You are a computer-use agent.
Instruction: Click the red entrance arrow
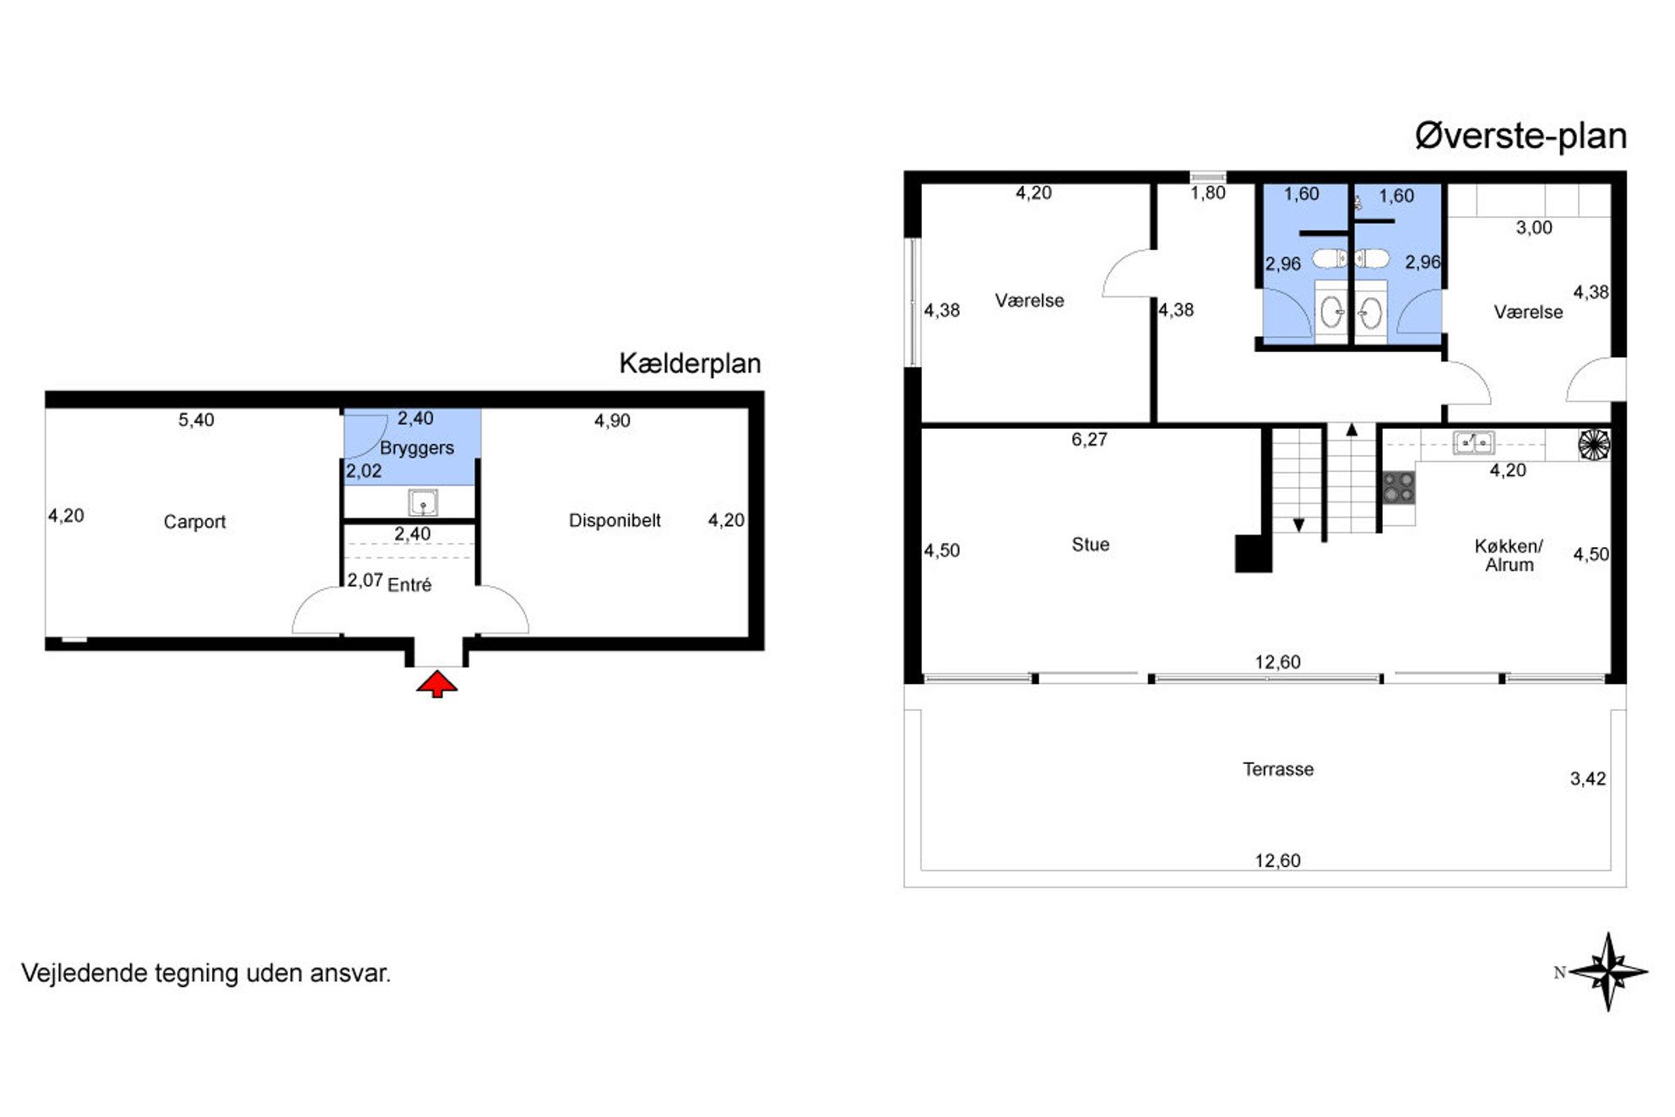[436, 684]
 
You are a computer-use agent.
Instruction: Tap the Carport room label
[195, 522]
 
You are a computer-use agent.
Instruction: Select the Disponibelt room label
[615, 520]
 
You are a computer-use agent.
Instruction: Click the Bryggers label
[417, 448]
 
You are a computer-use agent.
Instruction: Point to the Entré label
[409, 584]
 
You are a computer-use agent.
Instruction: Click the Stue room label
[1090, 545]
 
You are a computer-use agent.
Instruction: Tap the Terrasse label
[1278, 769]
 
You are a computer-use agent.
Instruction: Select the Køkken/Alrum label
[1509, 556]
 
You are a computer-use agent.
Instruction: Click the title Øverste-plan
[1521, 136]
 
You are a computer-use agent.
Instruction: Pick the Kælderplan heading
[690, 363]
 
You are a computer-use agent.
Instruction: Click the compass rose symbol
[1608, 972]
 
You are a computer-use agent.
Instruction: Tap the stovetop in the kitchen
[1399, 488]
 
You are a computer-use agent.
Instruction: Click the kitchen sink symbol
[1474, 442]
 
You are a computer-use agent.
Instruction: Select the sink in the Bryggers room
[422, 502]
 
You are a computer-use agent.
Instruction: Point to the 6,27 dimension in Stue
[1089, 439]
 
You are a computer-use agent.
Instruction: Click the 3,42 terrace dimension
[1588, 778]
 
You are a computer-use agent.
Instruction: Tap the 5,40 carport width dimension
[196, 420]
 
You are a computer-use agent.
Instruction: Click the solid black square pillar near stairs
[1253, 554]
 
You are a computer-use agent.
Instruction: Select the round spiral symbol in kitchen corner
[1594, 445]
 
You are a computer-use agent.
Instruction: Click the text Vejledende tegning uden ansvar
[206, 973]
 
